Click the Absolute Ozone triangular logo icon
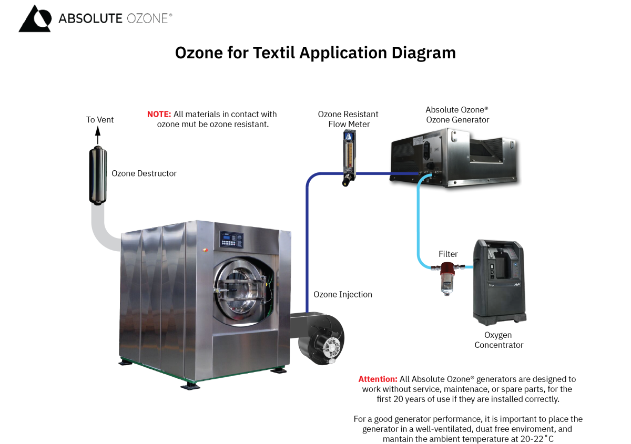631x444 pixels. click(x=35, y=19)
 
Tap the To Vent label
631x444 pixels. click(x=100, y=120)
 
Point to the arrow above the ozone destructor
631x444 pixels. click(x=97, y=136)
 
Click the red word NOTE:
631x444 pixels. click(x=159, y=114)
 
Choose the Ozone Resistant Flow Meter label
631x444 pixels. click(x=348, y=119)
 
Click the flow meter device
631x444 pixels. click(x=348, y=158)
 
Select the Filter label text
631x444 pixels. click(x=448, y=254)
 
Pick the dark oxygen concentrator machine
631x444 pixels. click(x=498, y=281)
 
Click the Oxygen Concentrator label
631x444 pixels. click(x=498, y=340)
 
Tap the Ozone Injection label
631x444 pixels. click(x=343, y=294)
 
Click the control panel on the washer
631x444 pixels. click(x=232, y=240)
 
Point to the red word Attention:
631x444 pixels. click(x=378, y=379)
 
